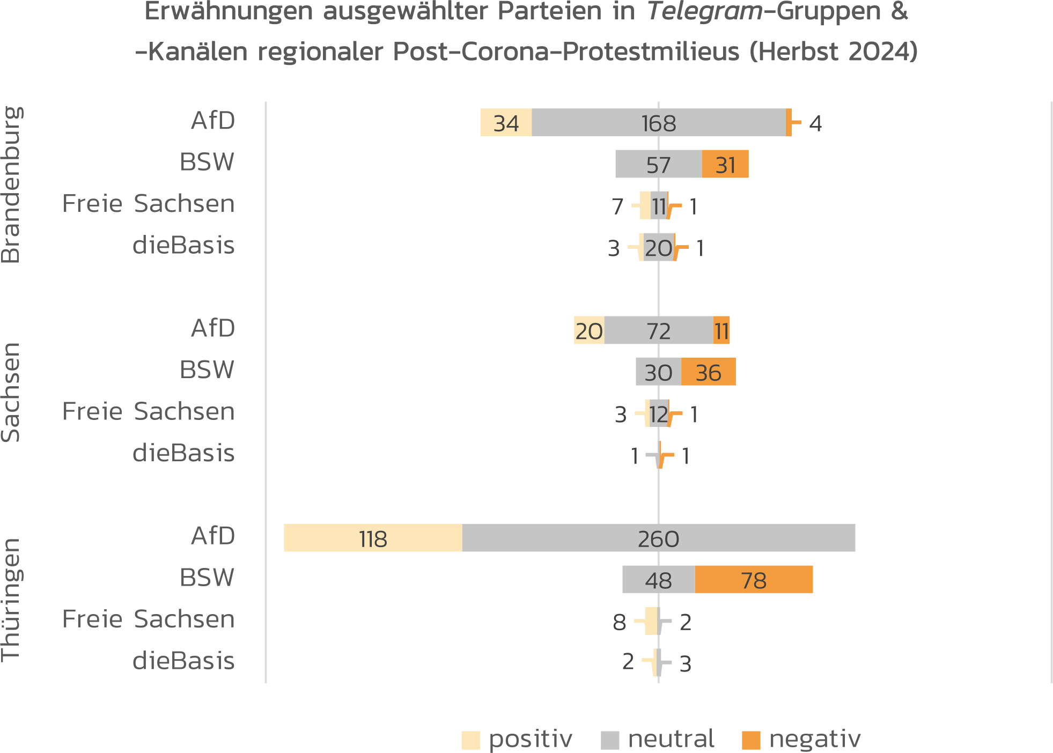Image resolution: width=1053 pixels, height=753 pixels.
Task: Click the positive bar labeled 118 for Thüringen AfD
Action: [373, 538]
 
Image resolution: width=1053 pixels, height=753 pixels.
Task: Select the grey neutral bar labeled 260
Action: [658, 538]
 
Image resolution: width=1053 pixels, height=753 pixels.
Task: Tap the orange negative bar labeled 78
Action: [754, 580]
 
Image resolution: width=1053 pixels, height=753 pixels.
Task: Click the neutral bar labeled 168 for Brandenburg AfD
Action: [658, 123]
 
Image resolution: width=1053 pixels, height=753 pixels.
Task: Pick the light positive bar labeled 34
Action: [506, 123]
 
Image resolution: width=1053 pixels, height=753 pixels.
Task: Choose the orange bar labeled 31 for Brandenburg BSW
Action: [725, 164]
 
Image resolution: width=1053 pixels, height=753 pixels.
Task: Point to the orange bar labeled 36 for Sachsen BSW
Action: [708, 372]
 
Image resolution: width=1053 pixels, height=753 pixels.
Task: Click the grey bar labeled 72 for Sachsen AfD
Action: [658, 330]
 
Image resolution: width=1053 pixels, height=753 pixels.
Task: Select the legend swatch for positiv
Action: [470, 740]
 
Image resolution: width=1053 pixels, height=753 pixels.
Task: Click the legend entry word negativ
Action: [814, 739]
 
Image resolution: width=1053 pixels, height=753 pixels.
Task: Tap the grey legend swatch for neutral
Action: [610, 740]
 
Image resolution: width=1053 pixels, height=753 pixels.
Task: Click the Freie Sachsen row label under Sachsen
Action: [149, 411]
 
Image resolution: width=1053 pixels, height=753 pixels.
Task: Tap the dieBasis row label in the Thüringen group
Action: [183, 661]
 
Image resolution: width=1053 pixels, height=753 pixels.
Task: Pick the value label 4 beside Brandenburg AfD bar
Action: [815, 124]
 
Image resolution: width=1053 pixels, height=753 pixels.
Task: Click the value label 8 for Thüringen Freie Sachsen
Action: [620, 623]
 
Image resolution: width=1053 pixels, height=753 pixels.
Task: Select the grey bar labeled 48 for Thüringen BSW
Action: [658, 580]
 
